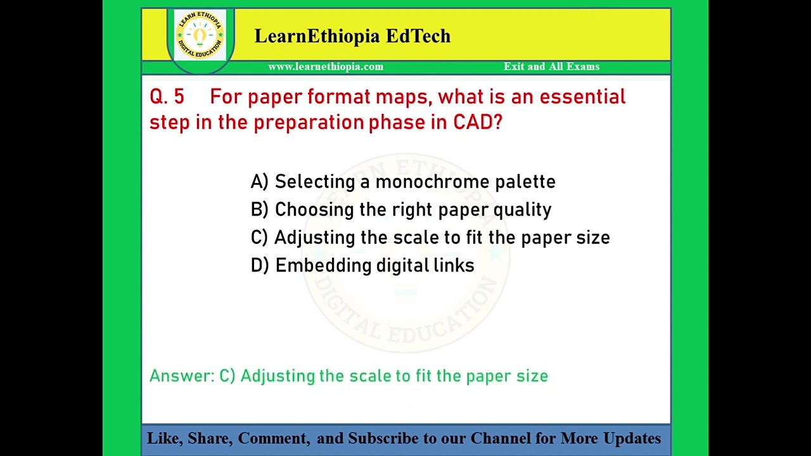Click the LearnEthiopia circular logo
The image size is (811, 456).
coord(200,35)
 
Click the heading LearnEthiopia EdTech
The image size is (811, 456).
coord(352,36)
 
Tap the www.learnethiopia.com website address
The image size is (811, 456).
coord(326,66)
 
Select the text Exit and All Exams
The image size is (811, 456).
coord(551,66)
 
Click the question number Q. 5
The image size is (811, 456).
coord(167,97)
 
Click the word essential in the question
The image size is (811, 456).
coord(582,97)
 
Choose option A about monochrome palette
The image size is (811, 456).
coord(403,182)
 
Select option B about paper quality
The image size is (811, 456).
coord(401,210)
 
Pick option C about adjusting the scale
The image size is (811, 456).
coord(430,237)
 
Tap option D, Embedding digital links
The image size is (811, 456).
coord(362,265)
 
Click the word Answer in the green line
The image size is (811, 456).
coord(182,376)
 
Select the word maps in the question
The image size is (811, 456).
coord(403,97)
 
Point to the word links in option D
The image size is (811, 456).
coord(454,265)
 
